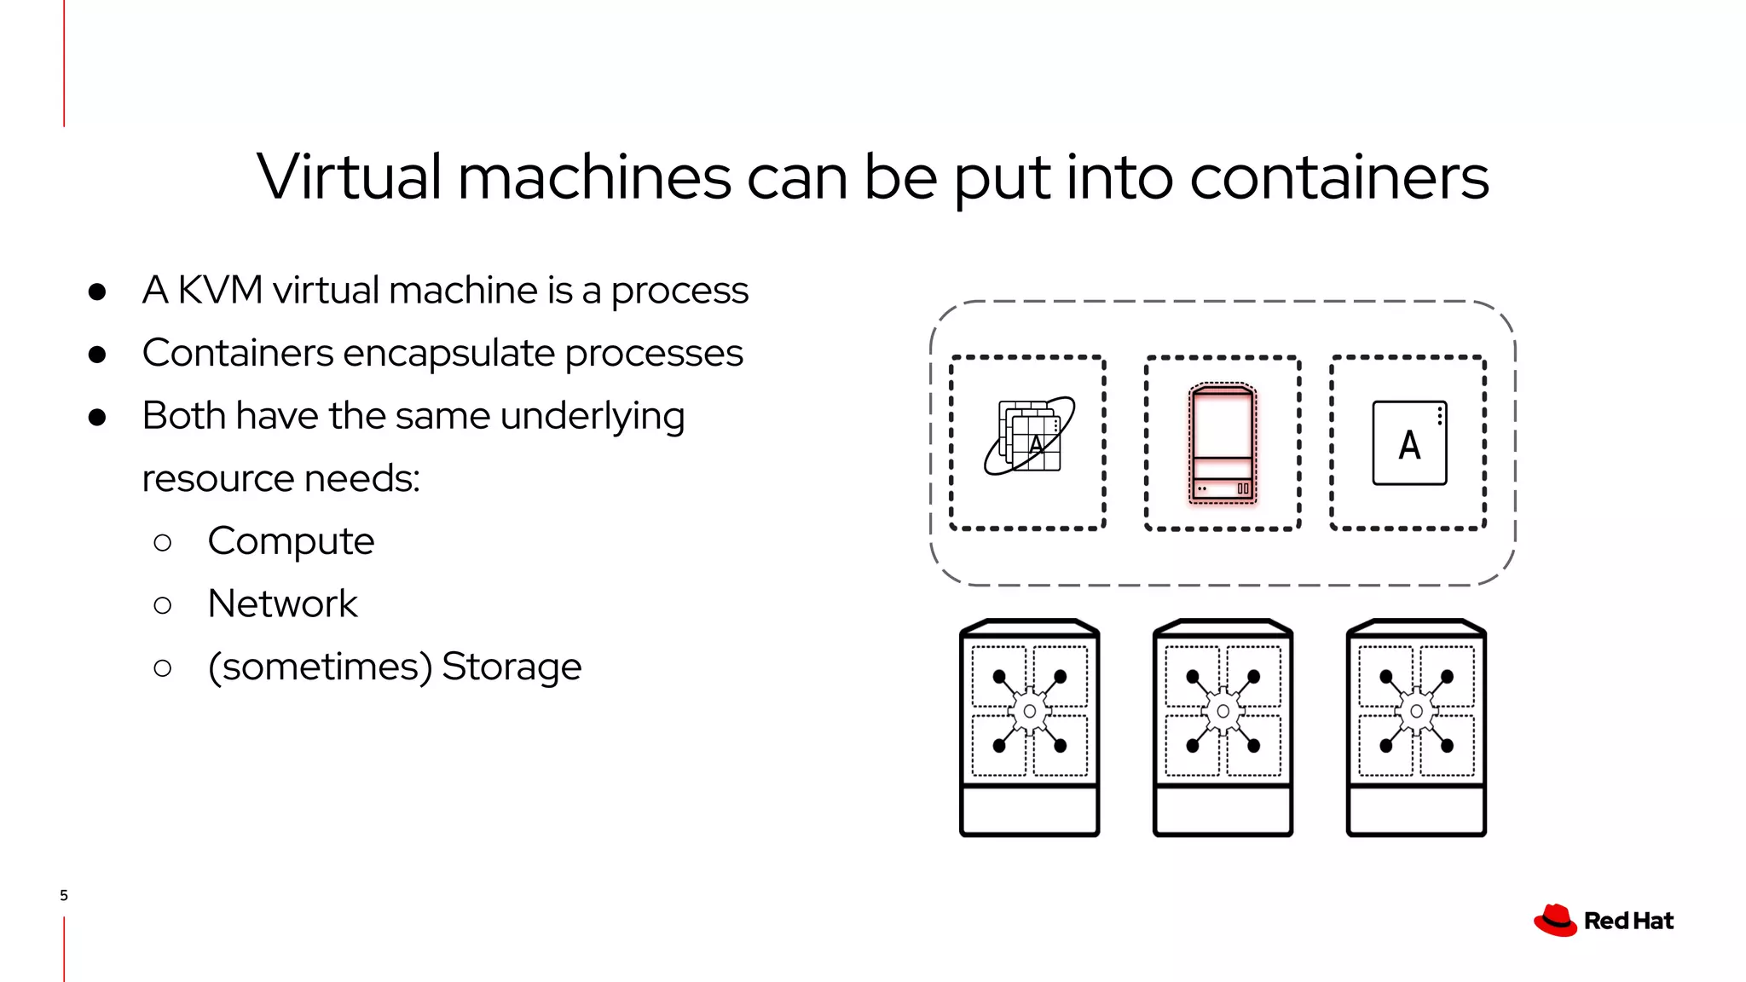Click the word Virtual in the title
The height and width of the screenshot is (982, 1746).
tap(348, 177)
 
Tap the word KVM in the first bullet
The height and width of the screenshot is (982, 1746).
tap(219, 291)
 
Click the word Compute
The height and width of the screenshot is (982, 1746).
tap(291, 541)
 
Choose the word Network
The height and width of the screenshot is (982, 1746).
tap(282, 604)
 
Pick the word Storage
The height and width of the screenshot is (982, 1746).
tap(512, 667)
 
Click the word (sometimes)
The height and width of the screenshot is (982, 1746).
tap(320, 667)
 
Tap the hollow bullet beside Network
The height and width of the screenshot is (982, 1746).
tap(162, 605)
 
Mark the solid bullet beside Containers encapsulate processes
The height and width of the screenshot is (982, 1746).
tap(97, 355)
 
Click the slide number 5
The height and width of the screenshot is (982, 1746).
tap(64, 895)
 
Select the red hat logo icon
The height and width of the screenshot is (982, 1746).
tap(1555, 921)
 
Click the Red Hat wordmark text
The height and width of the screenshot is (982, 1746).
tap(1628, 921)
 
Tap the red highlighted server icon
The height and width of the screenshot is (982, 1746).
tap(1223, 443)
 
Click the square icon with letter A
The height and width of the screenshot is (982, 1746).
tap(1409, 443)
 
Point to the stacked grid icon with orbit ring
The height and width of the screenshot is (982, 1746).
tap(1029, 436)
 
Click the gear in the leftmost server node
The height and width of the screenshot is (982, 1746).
tap(1029, 711)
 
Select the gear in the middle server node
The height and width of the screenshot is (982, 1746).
tap(1223, 711)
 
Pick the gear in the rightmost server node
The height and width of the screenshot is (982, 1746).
tap(1416, 711)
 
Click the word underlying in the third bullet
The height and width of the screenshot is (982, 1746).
tap(592, 417)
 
